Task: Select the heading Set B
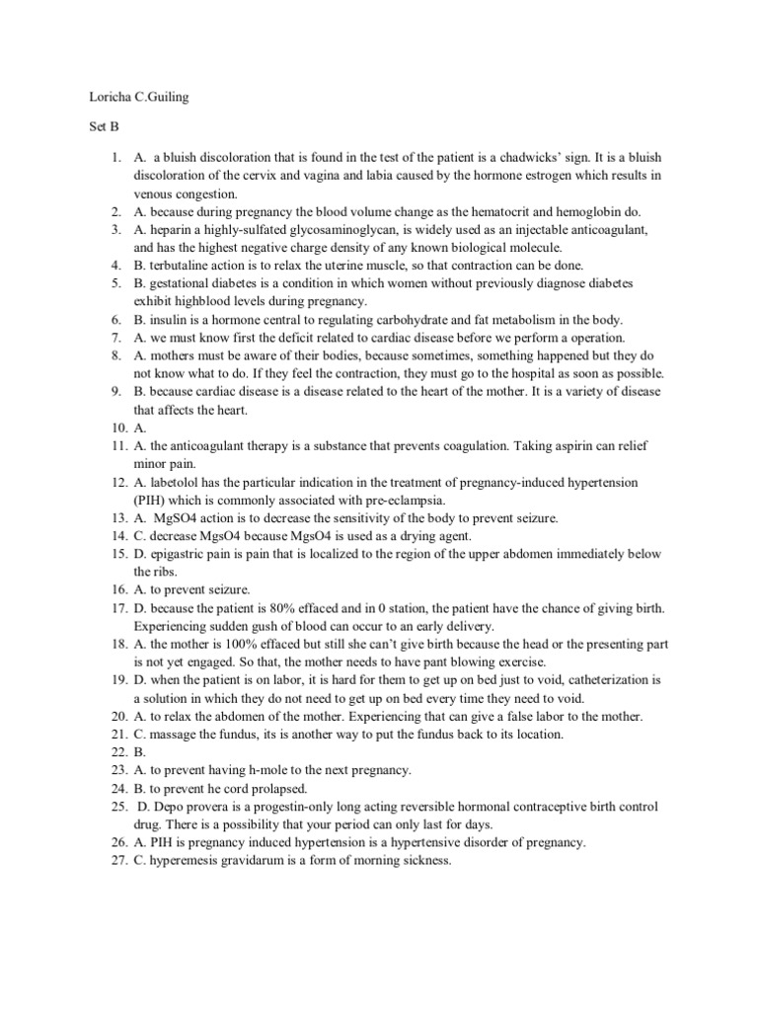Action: pyautogui.click(x=90, y=128)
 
